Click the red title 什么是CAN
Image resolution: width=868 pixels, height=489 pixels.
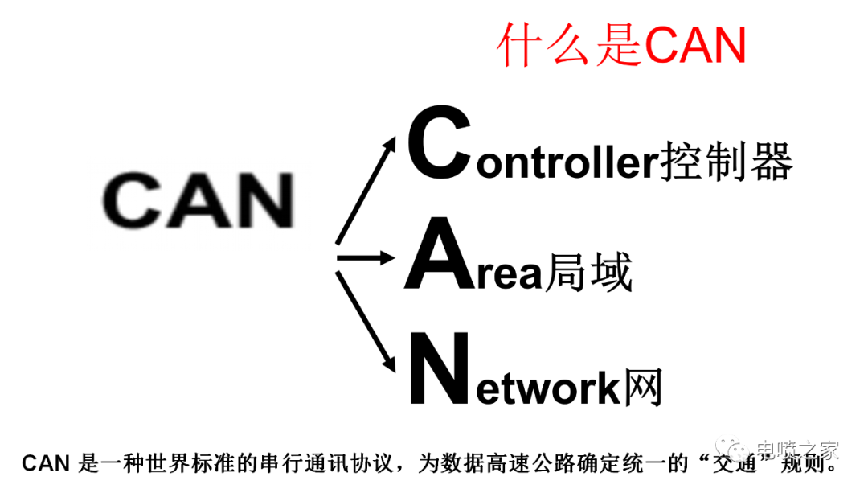tap(621, 44)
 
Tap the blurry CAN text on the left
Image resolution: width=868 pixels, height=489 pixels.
tap(199, 200)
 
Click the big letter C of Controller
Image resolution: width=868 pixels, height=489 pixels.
tap(440, 143)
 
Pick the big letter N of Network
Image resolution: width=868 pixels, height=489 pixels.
tap(440, 368)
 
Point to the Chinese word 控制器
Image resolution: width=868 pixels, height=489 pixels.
tap(727, 161)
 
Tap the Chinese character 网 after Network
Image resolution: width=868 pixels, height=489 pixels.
tap(643, 387)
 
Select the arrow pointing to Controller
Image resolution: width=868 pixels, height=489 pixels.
tap(366, 191)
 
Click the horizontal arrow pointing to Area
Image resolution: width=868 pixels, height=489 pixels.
tap(366, 258)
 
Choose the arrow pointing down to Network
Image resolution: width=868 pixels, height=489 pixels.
tap(366, 321)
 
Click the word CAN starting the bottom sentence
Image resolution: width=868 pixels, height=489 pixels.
tap(46, 463)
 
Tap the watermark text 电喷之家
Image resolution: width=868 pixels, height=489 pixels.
tap(797, 450)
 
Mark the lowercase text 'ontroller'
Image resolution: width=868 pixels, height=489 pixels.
tap(568, 162)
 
